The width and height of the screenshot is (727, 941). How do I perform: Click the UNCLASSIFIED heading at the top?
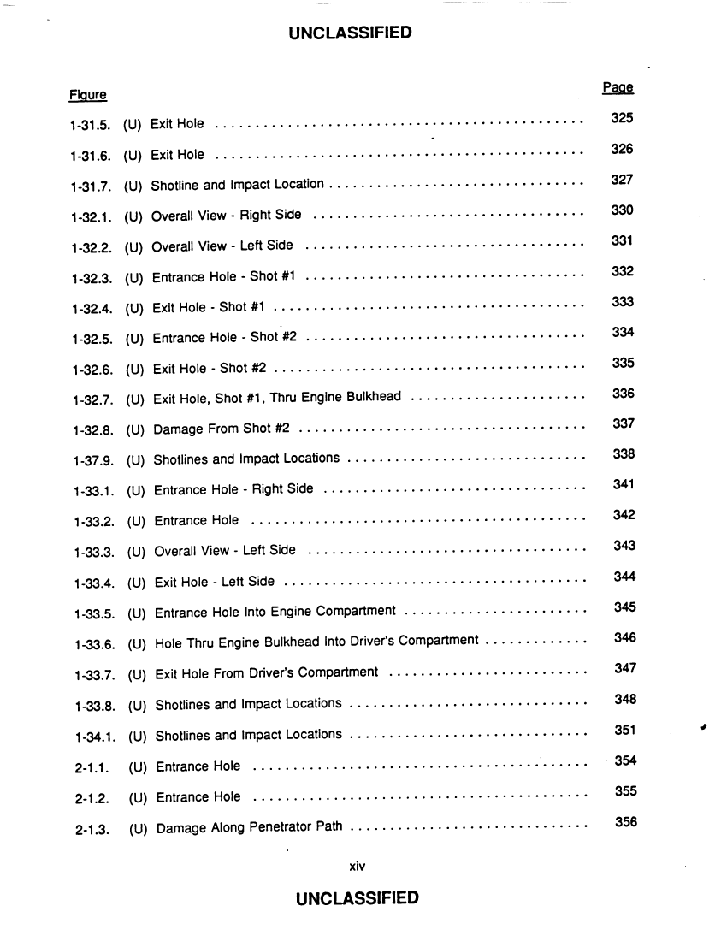[350, 33]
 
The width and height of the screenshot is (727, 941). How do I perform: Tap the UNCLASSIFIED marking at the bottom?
[357, 898]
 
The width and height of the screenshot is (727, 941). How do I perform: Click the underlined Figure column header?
[88, 94]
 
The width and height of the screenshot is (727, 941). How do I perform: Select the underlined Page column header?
[618, 87]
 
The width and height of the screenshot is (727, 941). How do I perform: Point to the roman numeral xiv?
[358, 866]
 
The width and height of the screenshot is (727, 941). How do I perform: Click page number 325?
[622, 118]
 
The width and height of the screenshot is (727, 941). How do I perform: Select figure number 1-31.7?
[90, 186]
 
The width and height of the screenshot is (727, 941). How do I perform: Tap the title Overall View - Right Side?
[226, 216]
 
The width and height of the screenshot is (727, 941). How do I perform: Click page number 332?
[623, 271]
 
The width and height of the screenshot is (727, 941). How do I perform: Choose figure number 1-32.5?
[92, 339]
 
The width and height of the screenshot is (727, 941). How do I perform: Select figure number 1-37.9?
[92, 462]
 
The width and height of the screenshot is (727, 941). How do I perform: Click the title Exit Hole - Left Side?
[215, 583]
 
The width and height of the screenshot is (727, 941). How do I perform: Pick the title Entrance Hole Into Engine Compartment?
[275, 613]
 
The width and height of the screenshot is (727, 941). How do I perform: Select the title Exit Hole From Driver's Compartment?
[266, 673]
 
